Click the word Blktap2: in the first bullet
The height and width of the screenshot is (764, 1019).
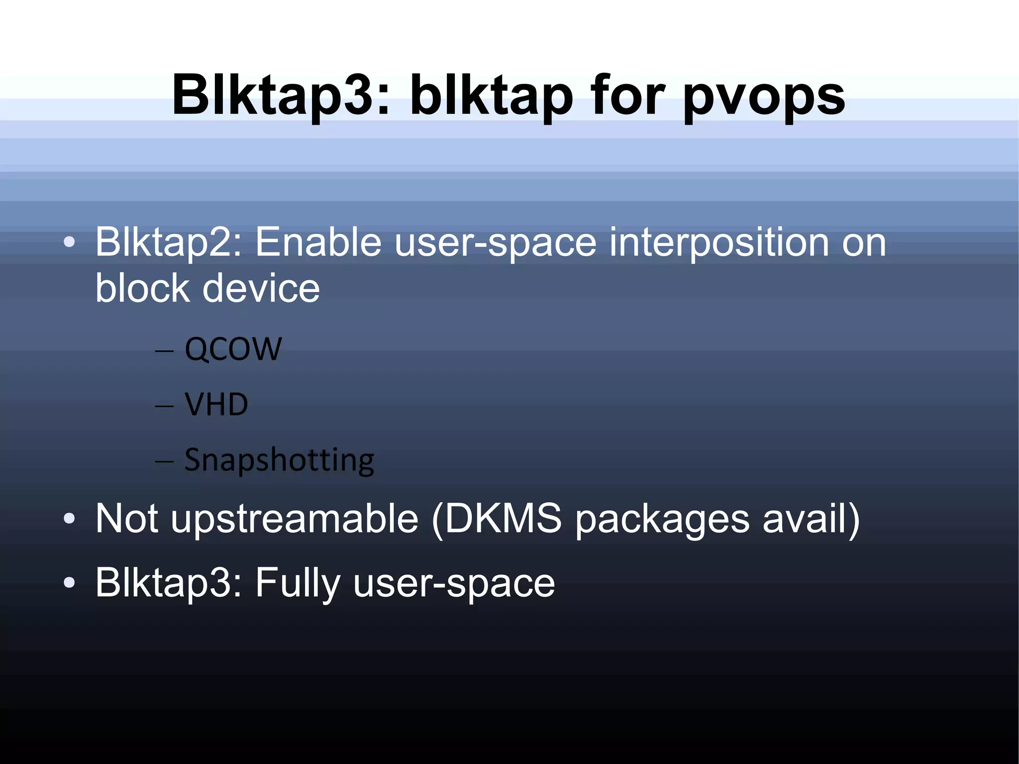coord(168,243)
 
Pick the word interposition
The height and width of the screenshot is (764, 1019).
coord(719,243)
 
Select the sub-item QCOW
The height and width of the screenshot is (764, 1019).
coord(233,349)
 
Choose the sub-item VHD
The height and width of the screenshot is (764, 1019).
coord(216,404)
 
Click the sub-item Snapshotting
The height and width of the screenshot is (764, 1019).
coord(279,460)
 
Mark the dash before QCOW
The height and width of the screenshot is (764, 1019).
coord(164,351)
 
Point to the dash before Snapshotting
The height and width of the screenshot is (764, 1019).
coord(164,462)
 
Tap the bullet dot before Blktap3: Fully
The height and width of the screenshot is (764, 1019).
coord(69,583)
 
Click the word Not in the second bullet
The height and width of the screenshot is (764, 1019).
coord(127,519)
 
